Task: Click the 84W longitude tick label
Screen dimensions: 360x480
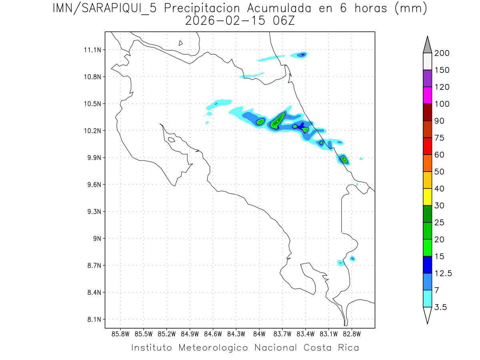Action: [259, 334]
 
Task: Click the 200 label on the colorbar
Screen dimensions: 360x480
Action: [442, 54]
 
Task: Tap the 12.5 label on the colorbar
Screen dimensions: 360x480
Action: [443, 274]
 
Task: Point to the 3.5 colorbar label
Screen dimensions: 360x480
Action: [441, 307]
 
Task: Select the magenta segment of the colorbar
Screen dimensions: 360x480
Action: [427, 95]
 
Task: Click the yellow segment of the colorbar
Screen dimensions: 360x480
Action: [427, 197]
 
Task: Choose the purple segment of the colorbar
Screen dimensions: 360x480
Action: [427, 78]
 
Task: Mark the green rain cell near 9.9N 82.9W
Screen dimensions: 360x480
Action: [344, 160]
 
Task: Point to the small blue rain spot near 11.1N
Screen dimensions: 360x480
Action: [303, 54]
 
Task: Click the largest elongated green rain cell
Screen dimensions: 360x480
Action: [277, 120]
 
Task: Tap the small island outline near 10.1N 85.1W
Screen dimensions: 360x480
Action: [171, 140]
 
